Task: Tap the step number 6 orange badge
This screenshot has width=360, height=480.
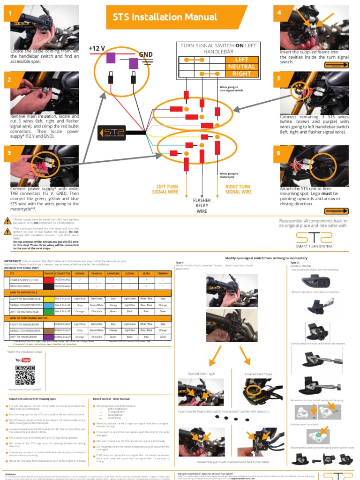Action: tap(279, 153)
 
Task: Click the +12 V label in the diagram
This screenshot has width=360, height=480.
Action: tap(97, 48)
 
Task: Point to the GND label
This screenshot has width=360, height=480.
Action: tap(146, 54)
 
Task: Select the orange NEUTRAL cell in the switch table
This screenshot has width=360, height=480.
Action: tap(241, 67)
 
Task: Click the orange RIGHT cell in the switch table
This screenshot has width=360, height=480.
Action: tap(241, 74)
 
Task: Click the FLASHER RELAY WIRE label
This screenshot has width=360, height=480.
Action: tap(202, 206)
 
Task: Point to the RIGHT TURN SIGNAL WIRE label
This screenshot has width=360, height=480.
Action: tap(238, 189)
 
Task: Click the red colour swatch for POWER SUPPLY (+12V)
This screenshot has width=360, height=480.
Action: tap(48, 279)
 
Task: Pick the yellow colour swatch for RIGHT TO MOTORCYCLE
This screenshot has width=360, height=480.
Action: tap(48, 298)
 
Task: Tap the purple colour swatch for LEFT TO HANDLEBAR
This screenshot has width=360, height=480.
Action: tap(48, 337)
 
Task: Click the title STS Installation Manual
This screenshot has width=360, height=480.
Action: tap(165, 17)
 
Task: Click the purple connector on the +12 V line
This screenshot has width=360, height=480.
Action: tap(112, 58)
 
